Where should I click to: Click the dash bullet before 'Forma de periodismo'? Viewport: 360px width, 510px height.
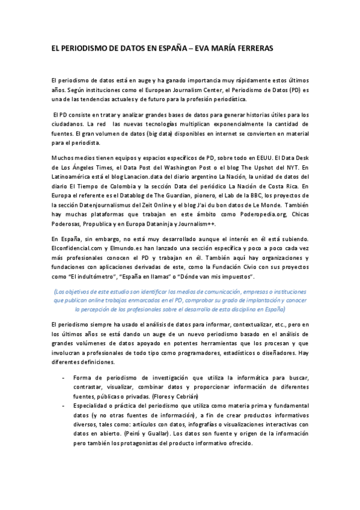[x=64, y=377]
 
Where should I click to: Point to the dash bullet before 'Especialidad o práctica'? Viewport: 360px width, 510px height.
[x=64, y=407]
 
